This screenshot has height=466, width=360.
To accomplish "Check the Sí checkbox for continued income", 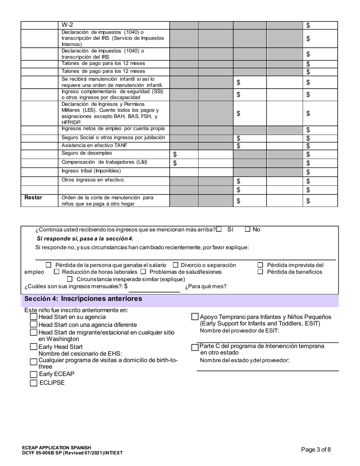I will pyautogui.click(x=219, y=229).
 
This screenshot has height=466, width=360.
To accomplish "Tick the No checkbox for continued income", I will pyautogui.click(x=248, y=229).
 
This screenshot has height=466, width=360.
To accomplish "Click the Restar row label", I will pyautogui.click(x=33, y=198).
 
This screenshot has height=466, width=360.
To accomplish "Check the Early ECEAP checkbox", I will pyautogui.click(x=34, y=374).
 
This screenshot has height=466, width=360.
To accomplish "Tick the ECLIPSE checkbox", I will pyautogui.click(x=34, y=383).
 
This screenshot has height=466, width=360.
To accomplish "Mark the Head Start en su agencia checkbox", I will pyautogui.click(x=34, y=317).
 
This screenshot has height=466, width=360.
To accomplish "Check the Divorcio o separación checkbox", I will pyautogui.click(x=176, y=265).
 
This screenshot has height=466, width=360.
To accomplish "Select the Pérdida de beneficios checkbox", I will pyautogui.click(x=260, y=272).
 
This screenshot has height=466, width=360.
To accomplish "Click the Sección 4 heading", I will pyautogui.click(x=83, y=299).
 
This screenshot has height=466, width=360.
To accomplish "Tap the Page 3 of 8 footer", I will pyautogui.click(x=316, y=450).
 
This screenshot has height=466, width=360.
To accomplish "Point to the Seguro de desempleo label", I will pyautogui.click(x=87, y=153).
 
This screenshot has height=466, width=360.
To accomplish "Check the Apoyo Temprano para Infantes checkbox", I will pyautogui.click(x=195, y=316).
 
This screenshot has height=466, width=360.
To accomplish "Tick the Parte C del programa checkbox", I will pyautogui.click(x=195, y=347).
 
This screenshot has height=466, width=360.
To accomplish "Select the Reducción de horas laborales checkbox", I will pyautogui.click(x=57, y=272).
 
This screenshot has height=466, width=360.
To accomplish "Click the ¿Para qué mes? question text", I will pyautogui.click(x=206, y=286).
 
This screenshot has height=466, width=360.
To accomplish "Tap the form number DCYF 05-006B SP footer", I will pyautogui.click(x=72, y=453).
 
